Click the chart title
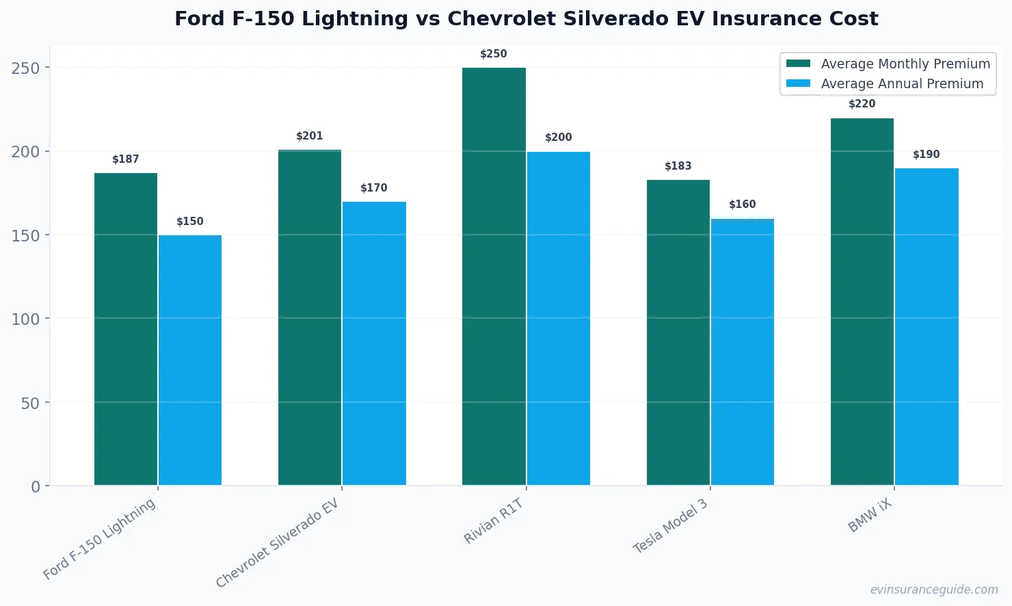click(x=526, y=18)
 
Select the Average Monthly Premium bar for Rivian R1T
click(x=494, y=276)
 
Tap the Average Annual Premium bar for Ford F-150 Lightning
click(x=190, y=360)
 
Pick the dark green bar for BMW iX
click(x=862, y=302)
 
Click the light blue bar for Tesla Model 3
click(x=743, y=352)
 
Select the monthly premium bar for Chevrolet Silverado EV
click(x=310, y=317)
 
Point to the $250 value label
click(x=494, y=54)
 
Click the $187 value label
click(x=126, y=159)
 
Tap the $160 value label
click(x=743, y=205)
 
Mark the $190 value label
click(x=927, y=155)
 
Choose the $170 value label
click(x=374, y=188)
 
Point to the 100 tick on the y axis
click(x=25, y=319)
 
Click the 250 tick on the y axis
click(x=25, y=68)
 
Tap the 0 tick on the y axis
click(x=36, y=486)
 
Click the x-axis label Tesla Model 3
click(x=671, y=527)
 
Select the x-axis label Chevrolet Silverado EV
click(x=278, y=543)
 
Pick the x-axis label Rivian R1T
click(x=494, y=521)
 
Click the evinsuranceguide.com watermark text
click(x=934, y=590)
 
